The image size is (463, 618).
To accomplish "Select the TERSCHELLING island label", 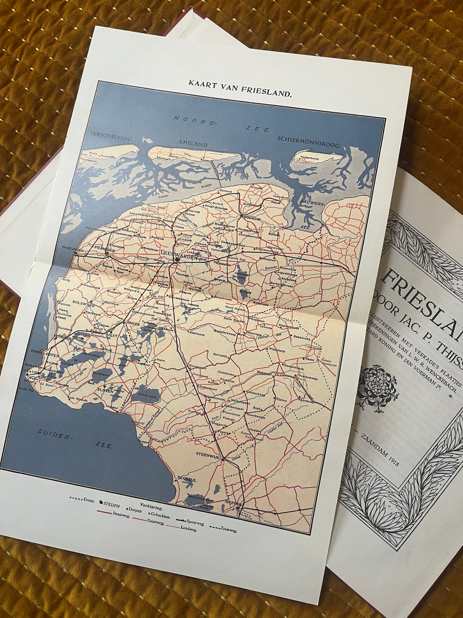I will [x=111, y=137].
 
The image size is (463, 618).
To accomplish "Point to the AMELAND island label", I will [x=193, y=144].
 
